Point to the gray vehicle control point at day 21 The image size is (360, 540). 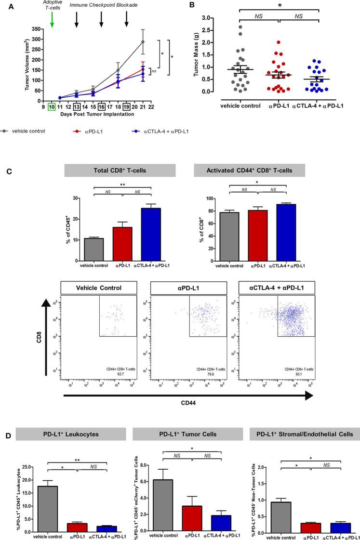(x=143, y=41)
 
